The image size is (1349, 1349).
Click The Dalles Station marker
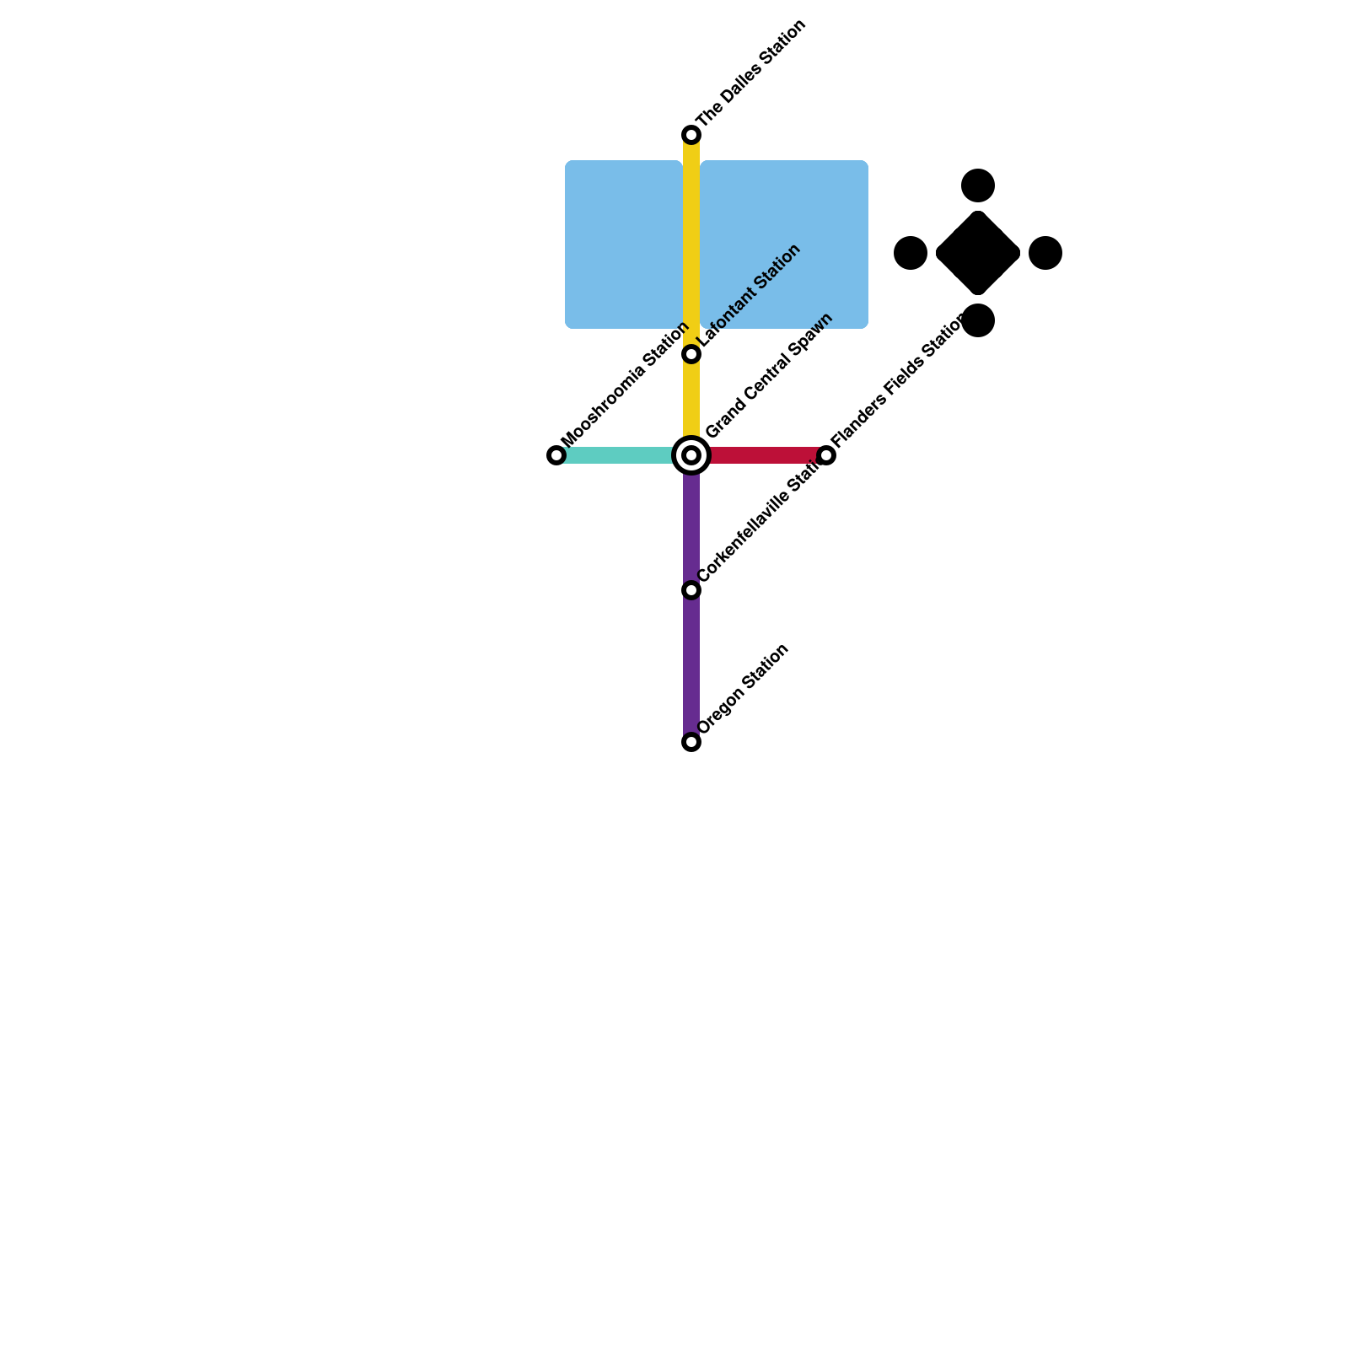pos(691,135)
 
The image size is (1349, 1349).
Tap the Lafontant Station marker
pos(691,354)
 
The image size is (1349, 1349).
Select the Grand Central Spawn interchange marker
pos(691,455)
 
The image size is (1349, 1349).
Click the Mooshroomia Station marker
pos(556,455)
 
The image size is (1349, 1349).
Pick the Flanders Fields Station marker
pos(826,455)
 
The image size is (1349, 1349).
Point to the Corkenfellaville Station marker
pos(691,590)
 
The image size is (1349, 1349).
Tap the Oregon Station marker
pos(691,742)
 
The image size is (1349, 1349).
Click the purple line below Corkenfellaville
pos(691,666)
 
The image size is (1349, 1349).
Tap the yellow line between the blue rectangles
pos(691,245)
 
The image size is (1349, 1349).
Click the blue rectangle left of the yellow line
pos(623,245)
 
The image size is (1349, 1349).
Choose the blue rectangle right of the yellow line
pos(784,245)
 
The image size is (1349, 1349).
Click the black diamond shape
pos(978,253)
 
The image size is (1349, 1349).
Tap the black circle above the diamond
pos(978,185)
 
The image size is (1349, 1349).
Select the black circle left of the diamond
pos(911,253)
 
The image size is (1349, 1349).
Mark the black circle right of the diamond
pos(1045,253)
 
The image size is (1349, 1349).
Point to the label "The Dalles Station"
pos(752,73)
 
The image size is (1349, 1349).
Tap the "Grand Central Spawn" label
pos(769,376)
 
